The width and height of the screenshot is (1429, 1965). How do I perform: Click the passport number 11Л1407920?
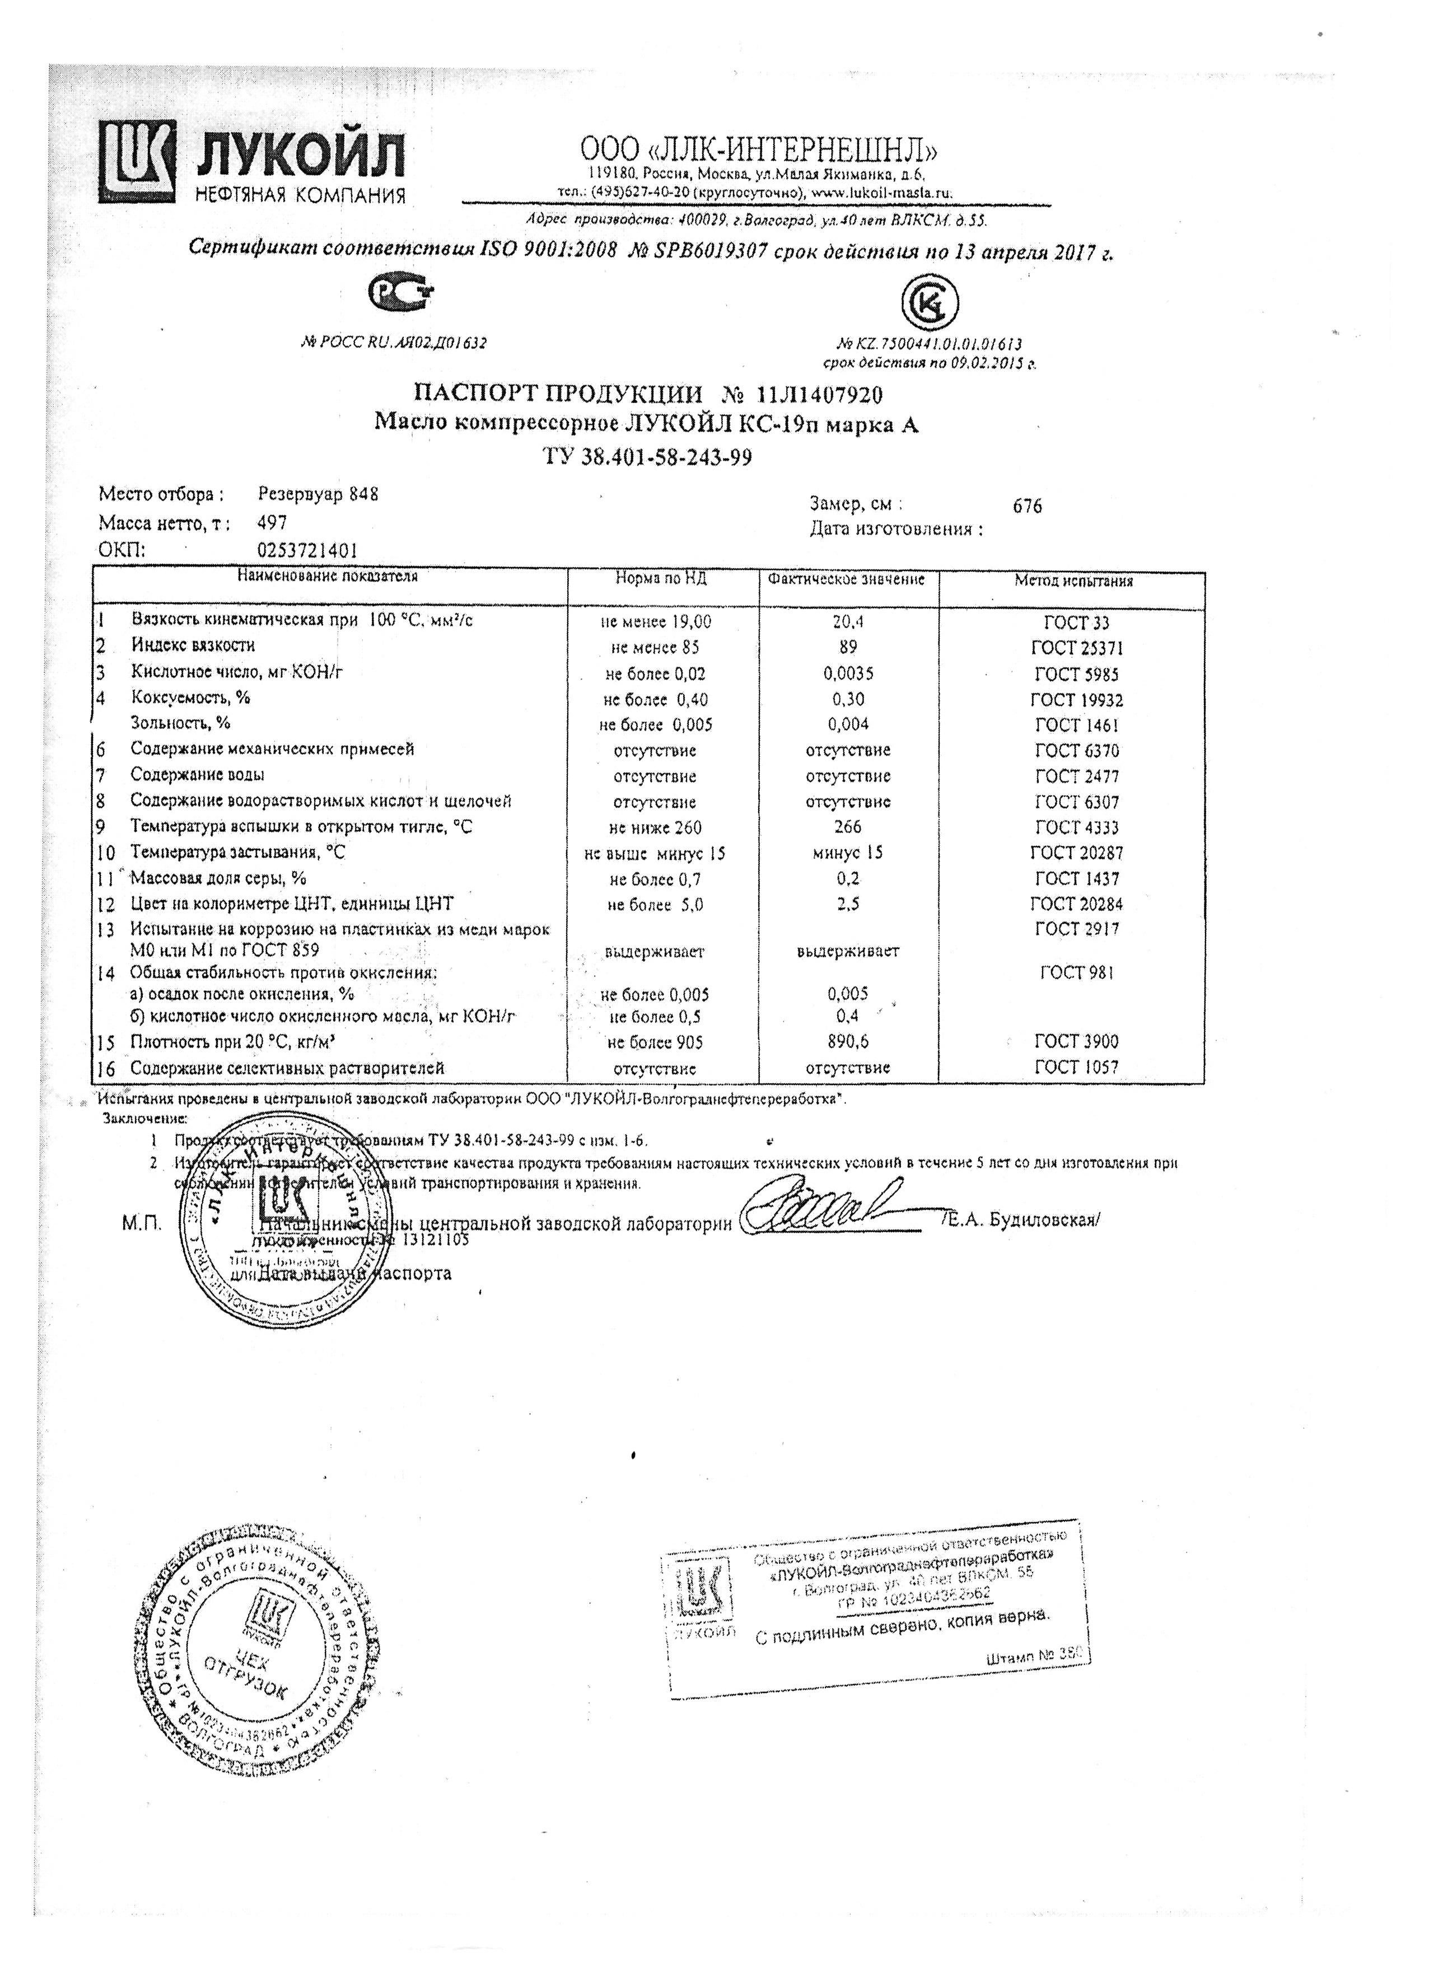819,395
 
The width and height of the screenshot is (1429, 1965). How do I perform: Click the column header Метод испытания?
1073,581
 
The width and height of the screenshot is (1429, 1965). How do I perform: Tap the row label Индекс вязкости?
193,645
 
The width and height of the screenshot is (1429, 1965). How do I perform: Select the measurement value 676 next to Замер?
1027,507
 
